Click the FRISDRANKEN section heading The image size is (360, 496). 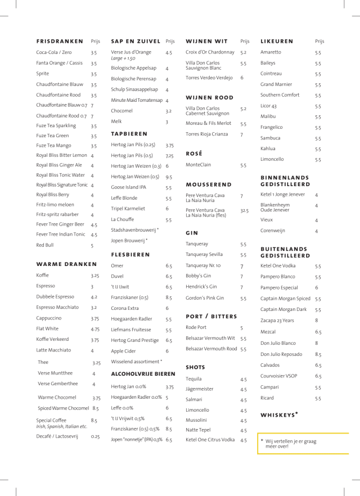tap(59, 42)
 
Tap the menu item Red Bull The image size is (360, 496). tap(46, 245)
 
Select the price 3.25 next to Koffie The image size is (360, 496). tap(95, 276)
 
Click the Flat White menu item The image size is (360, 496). tap(48, 329)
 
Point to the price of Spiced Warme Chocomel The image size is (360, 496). tap(96, 408)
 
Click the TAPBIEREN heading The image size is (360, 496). tap(129, 134)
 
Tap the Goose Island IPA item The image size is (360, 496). tap(129, 187)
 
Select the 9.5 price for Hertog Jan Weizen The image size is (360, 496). tap(169, 177)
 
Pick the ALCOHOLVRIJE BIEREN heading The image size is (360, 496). tap(143, 373)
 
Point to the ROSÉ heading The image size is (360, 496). tap(194, 153)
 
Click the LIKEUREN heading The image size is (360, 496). tap(277, 42)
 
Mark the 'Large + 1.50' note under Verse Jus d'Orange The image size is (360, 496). tap(123, 58)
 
